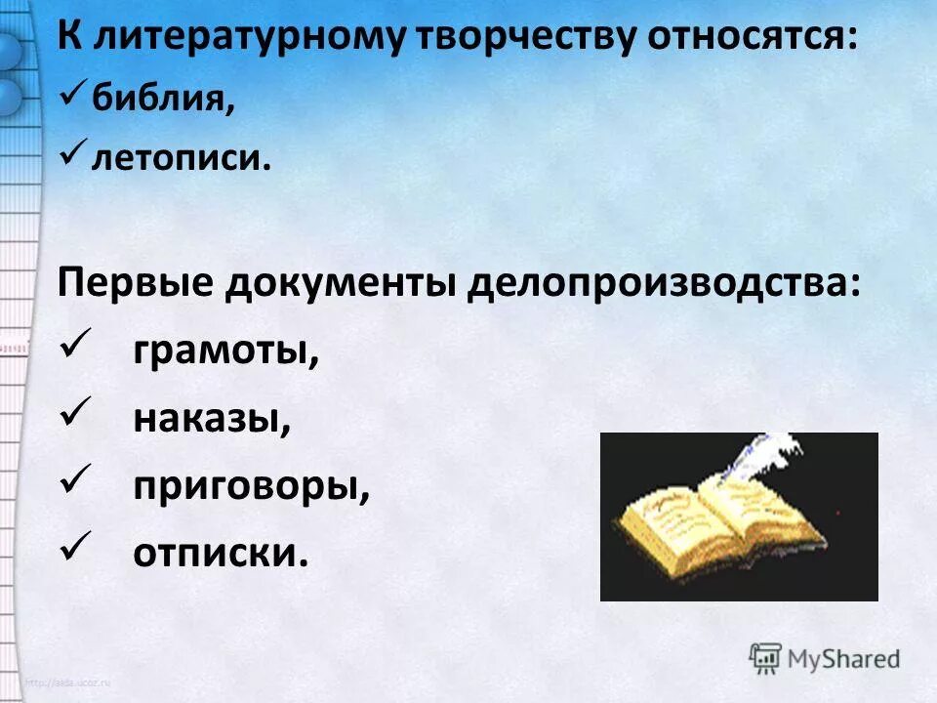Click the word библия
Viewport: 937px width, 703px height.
162,99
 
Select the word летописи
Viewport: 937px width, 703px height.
180,156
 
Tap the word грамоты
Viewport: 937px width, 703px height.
226,351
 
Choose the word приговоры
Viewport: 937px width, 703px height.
252,485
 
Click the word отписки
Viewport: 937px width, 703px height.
221,553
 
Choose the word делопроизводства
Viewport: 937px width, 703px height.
665,284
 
